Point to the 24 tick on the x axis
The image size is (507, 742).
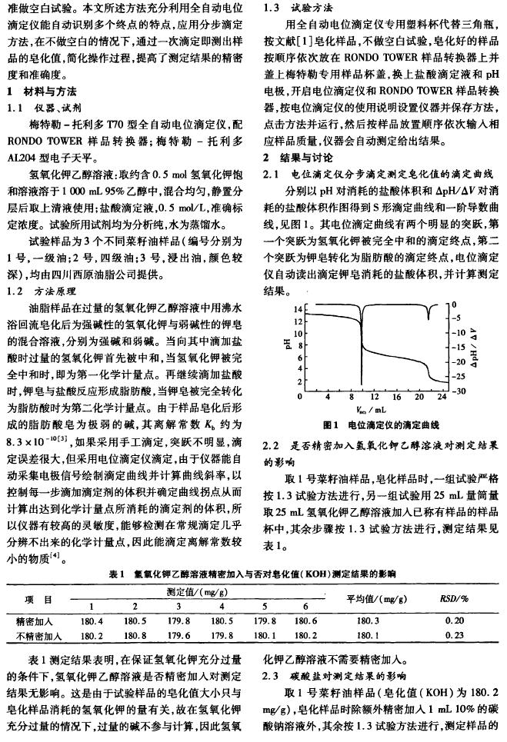(441, 398)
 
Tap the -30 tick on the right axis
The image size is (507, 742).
(458, 391)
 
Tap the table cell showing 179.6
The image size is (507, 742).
(178, 636)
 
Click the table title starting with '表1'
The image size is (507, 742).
(253, 574)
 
